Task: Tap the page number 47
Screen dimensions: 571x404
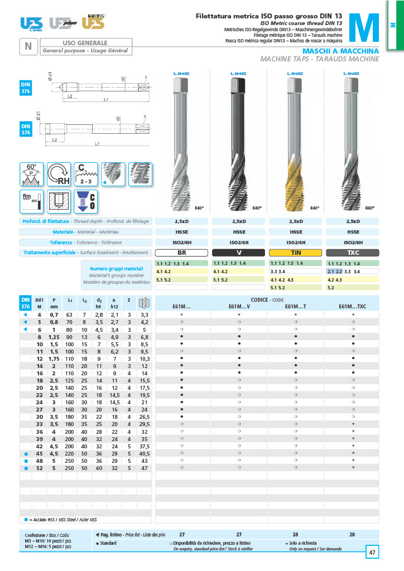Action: tap(372, 553)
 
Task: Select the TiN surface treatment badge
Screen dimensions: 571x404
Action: tap(296, 253)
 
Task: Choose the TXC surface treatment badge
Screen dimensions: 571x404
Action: tap(353, 253)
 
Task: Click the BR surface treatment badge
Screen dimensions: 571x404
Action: tap(182, 253)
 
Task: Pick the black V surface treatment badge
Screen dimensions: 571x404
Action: tap(239, 253)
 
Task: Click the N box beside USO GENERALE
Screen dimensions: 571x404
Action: tap(28, 47)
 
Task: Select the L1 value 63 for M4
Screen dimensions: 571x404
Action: tap(69, 315)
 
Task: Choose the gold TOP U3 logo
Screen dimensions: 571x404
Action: tap(93, 22)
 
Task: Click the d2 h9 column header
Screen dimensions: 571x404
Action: tap(99, 303)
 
